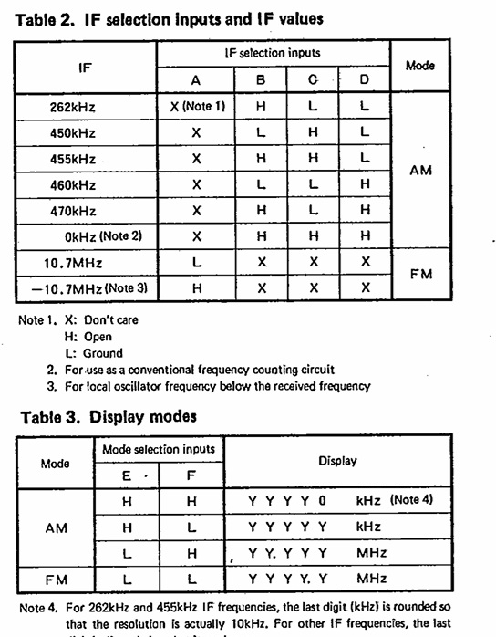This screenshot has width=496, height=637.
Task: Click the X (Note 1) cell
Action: coord(196,107)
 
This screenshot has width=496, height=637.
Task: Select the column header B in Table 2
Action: coord(261,80)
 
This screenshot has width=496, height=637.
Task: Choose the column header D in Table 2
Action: coord(364,80)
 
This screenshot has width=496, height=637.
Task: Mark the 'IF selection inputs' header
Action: coord(273,54)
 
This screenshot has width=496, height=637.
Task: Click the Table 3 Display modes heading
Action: coord(108,417)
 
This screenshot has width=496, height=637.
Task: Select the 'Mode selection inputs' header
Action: coord(158,448)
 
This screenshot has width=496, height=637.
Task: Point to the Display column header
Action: coord(337,461)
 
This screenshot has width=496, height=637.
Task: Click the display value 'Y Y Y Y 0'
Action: coord(286,501)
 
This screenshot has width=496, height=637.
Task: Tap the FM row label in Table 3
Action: coord(56,579)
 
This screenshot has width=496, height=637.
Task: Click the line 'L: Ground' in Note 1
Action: coord(90,352)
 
